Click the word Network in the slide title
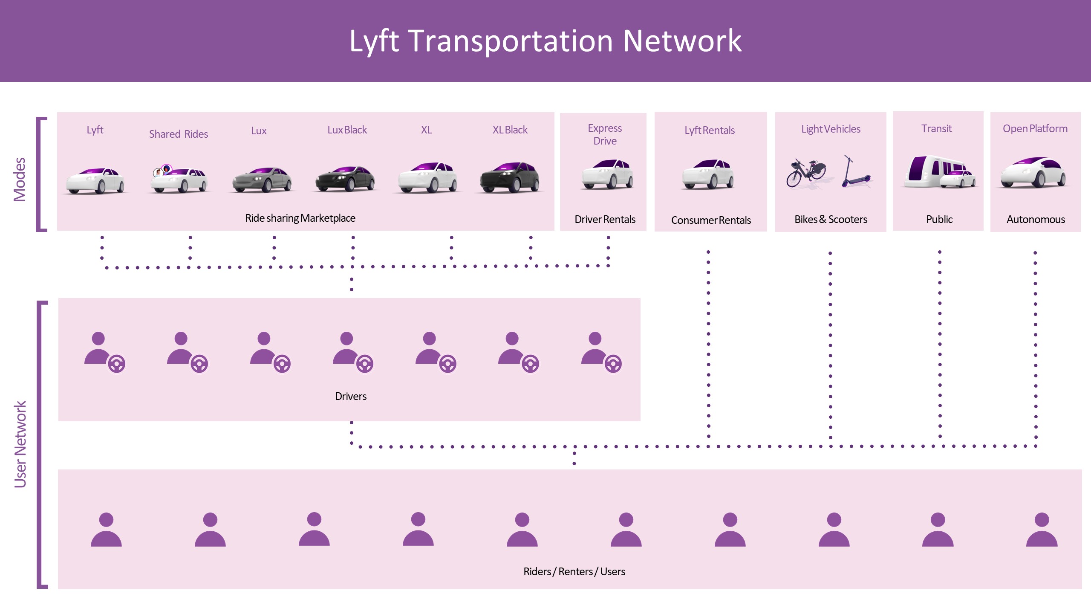pos(682,41)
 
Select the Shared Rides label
pos(179,134)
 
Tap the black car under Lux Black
pos(345,178)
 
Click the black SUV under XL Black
pos(510,177)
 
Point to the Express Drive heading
pos(605,134)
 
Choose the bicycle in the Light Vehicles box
pos(805,173)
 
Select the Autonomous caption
pos(1036,219)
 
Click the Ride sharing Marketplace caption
pos(300,218)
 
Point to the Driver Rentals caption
pos(605,219)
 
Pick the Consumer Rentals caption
pos(711,220)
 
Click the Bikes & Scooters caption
pos(831,219)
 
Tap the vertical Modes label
pos(20,179)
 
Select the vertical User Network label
pos(20,443)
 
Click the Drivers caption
pos(351,396)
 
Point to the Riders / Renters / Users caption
pos(574,571)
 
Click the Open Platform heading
pos(1035,128)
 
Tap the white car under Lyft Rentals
pos(708,174)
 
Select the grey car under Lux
pos(262,179)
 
